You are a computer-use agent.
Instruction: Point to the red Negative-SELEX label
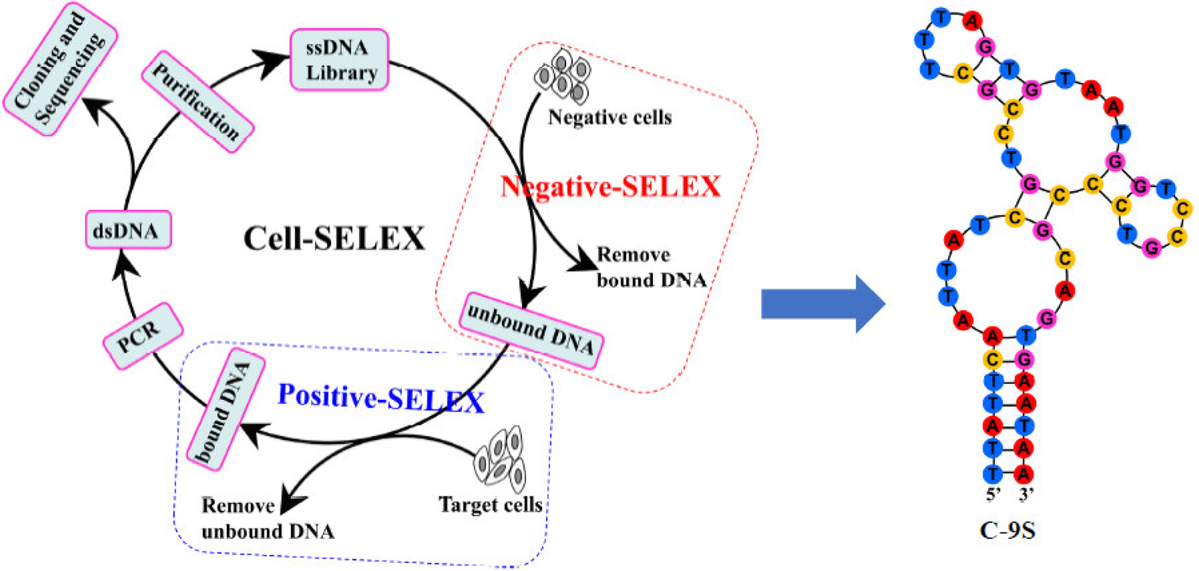tap(611, 186)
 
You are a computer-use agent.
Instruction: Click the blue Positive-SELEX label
tap(381, 398)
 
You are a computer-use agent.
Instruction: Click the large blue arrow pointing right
tap(821, 303)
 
